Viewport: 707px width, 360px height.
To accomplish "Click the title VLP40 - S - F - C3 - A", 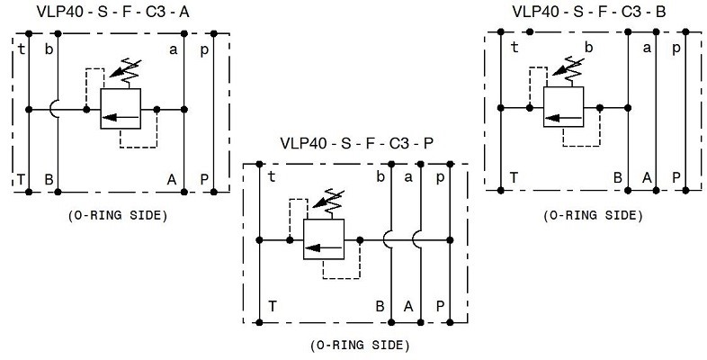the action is (112, 13).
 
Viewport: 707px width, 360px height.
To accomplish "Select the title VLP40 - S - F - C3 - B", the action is (589, 12).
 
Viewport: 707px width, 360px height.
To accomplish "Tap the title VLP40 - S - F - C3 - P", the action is (357, 143).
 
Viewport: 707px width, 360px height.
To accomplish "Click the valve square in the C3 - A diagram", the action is (121, 109).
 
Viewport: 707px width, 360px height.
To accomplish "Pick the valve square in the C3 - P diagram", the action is (324, 239).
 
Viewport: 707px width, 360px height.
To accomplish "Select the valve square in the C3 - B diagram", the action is (564, 107).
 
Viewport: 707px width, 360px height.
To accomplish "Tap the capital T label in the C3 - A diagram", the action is (21, 179).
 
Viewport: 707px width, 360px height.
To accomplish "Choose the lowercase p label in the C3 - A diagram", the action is (205, 50).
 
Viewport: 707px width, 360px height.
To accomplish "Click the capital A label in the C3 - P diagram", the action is (408, 307).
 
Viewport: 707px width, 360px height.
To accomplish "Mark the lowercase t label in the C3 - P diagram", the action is (272, 177).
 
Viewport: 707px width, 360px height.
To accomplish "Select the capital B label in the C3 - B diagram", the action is (618, 177).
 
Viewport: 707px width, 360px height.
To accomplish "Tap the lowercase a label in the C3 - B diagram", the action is (647, 48).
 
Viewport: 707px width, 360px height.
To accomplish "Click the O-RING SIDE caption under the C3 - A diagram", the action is (118, 216).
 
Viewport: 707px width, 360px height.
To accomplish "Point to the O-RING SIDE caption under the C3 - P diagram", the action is (361, 346).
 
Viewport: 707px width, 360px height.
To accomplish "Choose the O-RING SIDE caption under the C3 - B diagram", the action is (593, 216).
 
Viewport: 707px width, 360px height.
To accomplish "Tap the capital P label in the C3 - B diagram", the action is (676, 177).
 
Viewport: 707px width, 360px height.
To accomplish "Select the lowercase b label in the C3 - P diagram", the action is (380, 177).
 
